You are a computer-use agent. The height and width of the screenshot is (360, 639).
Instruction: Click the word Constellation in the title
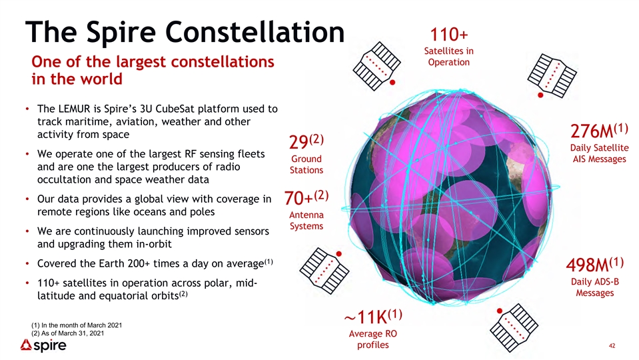click(255, 31)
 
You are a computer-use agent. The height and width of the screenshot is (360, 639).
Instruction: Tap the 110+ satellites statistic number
click(448, 35)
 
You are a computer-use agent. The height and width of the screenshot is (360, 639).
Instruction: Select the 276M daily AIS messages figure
click(598, 131)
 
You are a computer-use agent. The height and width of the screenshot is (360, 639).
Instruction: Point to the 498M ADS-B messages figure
click(594, 265)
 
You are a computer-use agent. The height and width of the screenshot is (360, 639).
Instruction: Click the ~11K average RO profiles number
click(373, 317)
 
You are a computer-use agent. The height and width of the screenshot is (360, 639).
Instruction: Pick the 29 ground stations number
click(306, 141)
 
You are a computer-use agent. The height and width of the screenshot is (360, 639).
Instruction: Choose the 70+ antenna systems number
click(306, 198)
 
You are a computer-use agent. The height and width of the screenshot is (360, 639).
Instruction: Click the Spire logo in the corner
click(43, 346)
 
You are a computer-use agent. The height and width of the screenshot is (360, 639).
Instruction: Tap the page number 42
click(612, 346)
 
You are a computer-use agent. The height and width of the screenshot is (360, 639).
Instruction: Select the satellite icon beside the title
click(376, 65)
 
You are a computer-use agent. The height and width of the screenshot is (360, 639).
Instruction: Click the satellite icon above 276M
click(552, 76)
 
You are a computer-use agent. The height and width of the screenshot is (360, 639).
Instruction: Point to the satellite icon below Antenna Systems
click(324, 270)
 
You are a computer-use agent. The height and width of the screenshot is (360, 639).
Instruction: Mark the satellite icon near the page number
click(514, 328)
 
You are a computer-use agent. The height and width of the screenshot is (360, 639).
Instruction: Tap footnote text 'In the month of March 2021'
click(81, 325)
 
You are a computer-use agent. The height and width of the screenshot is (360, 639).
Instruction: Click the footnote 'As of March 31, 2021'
click(73, 333)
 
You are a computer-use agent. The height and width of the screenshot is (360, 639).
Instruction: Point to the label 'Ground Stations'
click(307, 164)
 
